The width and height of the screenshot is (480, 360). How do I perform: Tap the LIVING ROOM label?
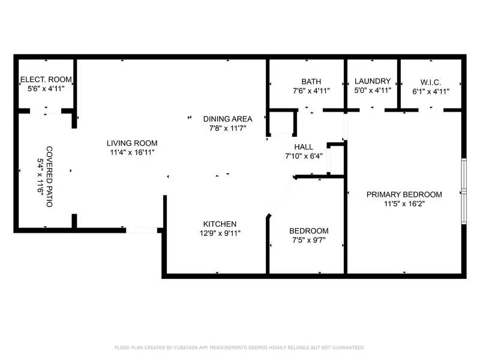132,143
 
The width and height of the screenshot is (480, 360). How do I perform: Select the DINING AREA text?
227,119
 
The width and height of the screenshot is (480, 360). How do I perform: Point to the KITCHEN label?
219,224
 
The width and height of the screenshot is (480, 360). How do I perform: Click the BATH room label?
311,82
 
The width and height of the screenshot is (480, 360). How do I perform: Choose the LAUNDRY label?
373,82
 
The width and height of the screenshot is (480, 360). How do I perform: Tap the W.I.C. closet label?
430,82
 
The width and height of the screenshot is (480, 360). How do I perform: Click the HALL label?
304,147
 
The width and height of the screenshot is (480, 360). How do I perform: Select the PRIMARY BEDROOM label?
404,194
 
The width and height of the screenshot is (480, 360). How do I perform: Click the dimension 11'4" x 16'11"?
132,152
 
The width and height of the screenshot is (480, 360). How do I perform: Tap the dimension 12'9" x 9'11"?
219,233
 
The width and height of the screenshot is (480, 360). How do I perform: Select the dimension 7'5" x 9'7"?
308,240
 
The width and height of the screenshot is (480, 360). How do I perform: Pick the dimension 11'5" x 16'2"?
404,203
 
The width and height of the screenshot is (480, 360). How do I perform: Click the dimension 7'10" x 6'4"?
304,157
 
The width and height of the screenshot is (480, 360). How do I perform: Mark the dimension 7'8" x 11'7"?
227,128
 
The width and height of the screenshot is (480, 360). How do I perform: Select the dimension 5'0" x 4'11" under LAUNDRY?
373,91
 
